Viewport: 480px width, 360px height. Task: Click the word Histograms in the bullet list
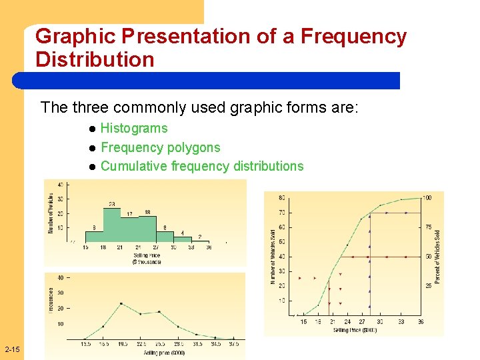133,128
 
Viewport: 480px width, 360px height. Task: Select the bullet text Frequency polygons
160,147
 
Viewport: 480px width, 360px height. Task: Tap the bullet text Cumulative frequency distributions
201,166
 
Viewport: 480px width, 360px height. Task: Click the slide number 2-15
12,350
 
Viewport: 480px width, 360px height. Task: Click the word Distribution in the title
95,59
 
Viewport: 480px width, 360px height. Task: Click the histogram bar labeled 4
183,239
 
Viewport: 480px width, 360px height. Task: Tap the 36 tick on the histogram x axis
209,247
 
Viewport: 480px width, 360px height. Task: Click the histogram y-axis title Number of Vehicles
51,213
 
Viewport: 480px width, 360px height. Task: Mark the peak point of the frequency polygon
121,303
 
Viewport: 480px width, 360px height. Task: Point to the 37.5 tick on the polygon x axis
233,344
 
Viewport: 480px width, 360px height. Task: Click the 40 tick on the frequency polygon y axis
61,277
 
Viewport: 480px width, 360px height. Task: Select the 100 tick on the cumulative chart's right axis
427,198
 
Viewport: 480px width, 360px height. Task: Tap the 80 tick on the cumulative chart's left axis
281,198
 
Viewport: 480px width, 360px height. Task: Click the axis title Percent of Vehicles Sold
438,257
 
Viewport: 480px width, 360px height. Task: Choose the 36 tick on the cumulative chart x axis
420,322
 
